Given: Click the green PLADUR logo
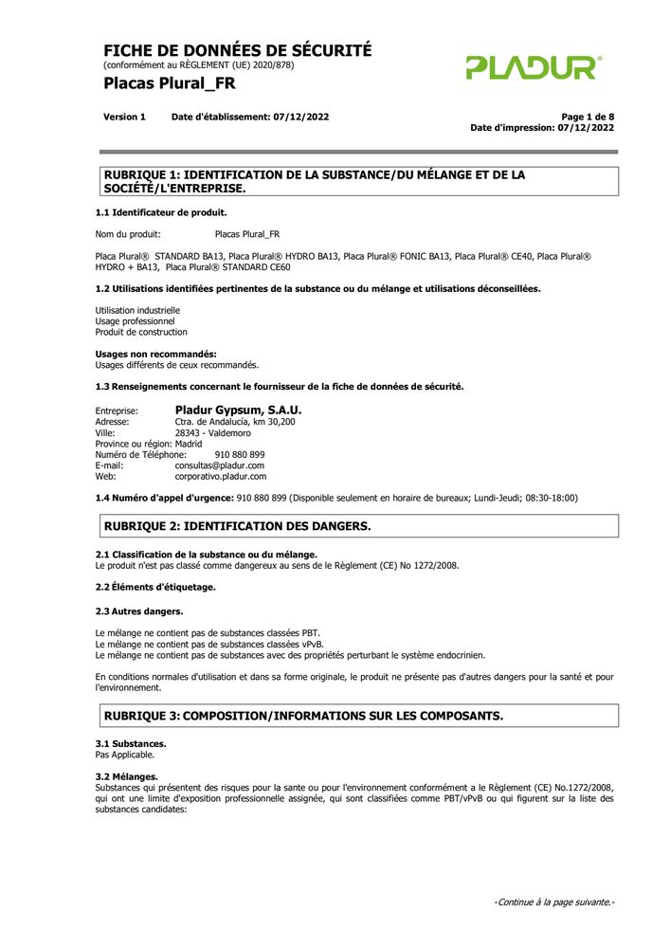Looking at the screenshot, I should pyautogui.click(x=533, y=67).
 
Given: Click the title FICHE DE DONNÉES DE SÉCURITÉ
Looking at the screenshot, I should pyautogui.click(x=237, y=51).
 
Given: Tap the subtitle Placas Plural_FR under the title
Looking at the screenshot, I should pyautogui.click(x=170, y=83).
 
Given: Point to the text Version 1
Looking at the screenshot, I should pyautogui.click(x=124, y=117).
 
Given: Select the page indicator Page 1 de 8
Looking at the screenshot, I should pyautogui.click(x=588, y=117).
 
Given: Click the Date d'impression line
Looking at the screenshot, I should pyautogui.click(x=542, y=127).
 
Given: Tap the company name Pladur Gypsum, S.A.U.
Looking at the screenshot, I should pyautogui.click(x=238, y=410).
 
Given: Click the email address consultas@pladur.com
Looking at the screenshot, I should pyautogui.click(x=219, y=465).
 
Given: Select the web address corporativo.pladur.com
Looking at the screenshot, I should pyautogui.click(x=221, y=477).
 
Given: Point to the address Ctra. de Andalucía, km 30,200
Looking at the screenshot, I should pyautogui.click(x=235, y=421).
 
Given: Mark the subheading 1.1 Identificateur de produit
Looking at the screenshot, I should pyautogui.click(x=161, y=212).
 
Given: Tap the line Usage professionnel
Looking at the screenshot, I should pyautogui.click(x=135, y=321).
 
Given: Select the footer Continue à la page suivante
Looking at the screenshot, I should pyautogui.click(x=554, y=902).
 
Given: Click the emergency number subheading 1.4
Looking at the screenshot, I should pyautogui.click(x=164, y=498).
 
